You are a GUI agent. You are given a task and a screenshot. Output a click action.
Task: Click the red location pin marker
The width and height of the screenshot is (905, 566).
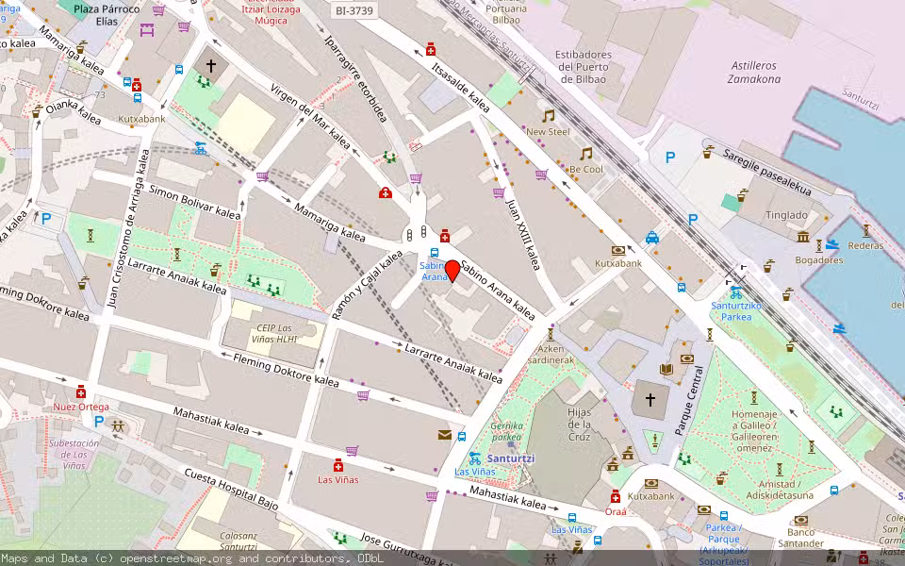click(452, 271)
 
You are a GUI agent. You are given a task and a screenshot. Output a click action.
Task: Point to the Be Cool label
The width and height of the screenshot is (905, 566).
click(585, 170)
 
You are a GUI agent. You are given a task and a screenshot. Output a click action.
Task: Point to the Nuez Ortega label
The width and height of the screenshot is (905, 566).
click(81, 407)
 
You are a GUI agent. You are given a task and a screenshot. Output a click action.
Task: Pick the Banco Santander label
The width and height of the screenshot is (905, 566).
click(800, 538)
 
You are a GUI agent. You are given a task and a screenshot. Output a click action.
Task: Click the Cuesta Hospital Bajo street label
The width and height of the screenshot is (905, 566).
click(231, 488)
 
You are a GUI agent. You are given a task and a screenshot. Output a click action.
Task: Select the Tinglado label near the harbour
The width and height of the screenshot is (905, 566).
click(786, 214)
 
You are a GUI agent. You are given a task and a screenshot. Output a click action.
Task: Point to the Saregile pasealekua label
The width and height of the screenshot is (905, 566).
click(767, 173)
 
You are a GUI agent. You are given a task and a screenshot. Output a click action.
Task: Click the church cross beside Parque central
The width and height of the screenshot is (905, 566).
click(650, 400)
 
